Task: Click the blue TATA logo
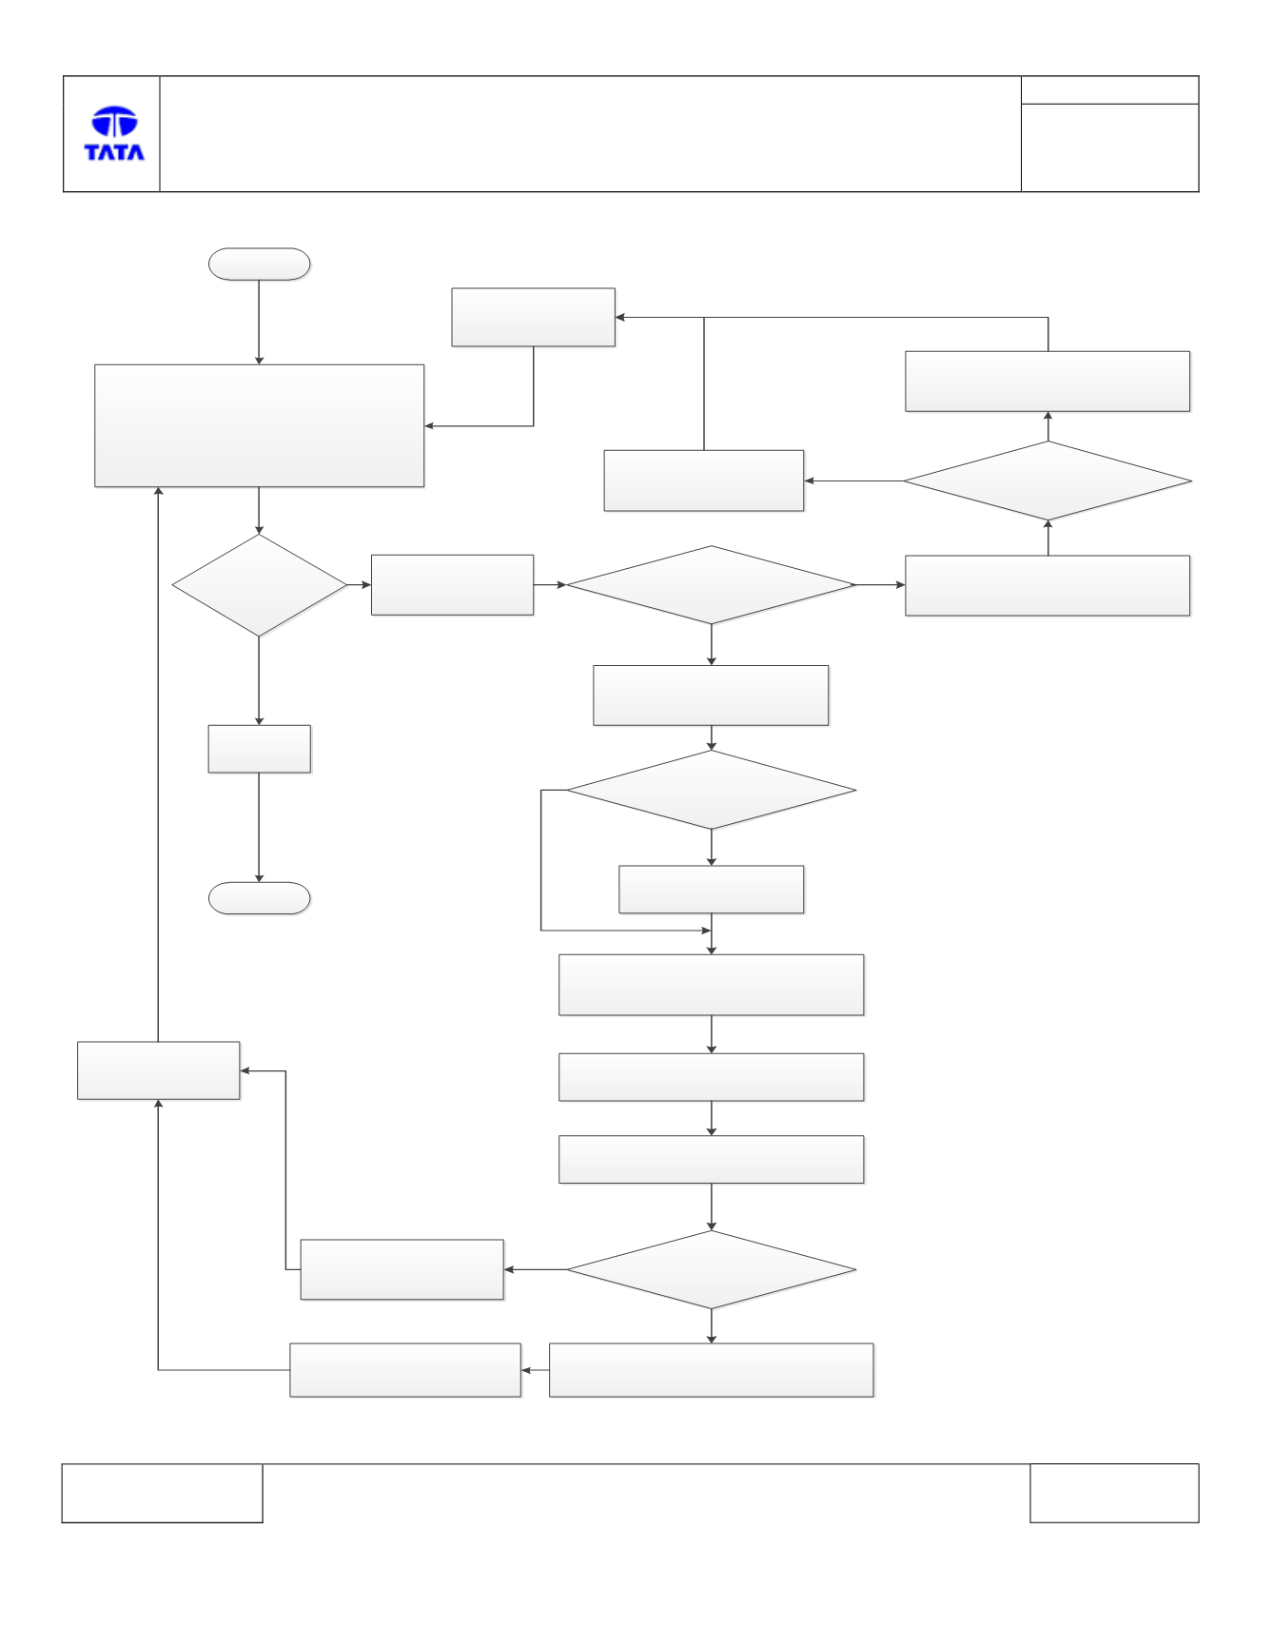pyautogui.click(x=114, y=133)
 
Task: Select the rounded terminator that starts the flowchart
pyautogui.click(x=260, y=265)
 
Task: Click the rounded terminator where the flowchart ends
pyautogui.click(x=260, y=898)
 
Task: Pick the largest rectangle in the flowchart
pyautogui.click(x=260, y=426)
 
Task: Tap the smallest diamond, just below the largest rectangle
pyautogui.click(x=260, y=585)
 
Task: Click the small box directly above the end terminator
pyautogui.click(x=260, y=749)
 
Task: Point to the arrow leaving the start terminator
pyautogui.click(x=259, y=323)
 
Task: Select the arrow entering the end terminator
pyautogui.click(x=259, y=828)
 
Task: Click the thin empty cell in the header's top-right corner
pyautogui.click(x=1110, y=90)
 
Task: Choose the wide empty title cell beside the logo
pyautogui.click(x=591, y=134)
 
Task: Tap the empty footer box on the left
pyautogui.click(x=162, y=1493)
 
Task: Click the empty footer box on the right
pyautogui.click(x=1114, y=1493)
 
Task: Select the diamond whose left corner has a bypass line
pyautogui.click(x=712, y=790)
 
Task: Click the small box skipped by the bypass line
pyautogui.click(x=712, y=890)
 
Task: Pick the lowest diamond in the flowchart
pyautogui.click(x=712, y=1269)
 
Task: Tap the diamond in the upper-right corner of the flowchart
pyautogui.click(x=1048, y=480)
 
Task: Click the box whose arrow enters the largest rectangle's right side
pyautogui.click(x=534, y=317)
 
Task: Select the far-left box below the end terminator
pyautogui.click(x=159, y=1070)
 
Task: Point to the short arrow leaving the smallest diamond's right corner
pyautogui.click(x=360, y=584)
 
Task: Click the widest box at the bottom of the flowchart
pyautogui.click(x=712, y=1370)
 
